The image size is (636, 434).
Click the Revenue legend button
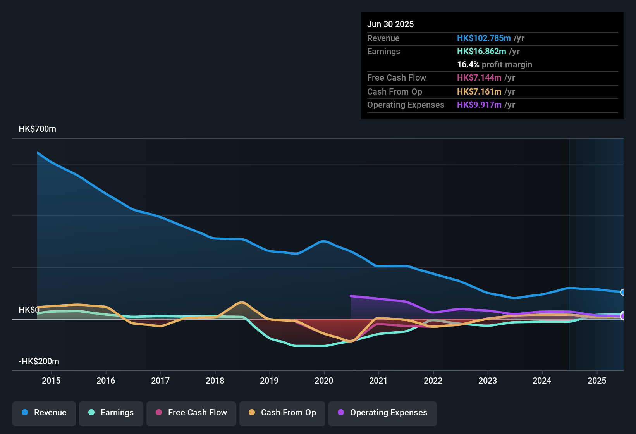[x=44, y=413]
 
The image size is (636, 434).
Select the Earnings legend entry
[x=111, y=413]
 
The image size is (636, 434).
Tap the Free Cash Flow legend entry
[x=191, y=413]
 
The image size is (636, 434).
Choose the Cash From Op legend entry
[x=282, y=413]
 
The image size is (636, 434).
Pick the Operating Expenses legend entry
[x=383, y=413]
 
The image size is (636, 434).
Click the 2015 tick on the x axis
[x=51, y=381]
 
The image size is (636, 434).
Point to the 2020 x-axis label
[x=324, y=381]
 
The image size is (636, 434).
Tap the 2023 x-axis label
[x=488, y=381]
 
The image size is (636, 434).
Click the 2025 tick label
[x=597, y=381]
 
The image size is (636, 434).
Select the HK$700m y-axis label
[x=37, y=129]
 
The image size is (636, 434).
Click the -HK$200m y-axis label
[x=39, y=362]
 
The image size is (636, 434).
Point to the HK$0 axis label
[x=29, y=310]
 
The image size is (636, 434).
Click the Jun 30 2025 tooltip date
[x=390, y=24]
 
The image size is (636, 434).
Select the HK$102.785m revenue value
[x=484, y=38]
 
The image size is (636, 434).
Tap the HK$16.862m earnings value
[x=481, y=52]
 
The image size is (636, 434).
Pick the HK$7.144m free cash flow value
[x=479, y=78]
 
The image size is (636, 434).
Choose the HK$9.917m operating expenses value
[x=479, y=105]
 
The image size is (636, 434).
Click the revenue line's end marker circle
[x=623, y=292]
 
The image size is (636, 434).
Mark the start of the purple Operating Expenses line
[x=351, y=296]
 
